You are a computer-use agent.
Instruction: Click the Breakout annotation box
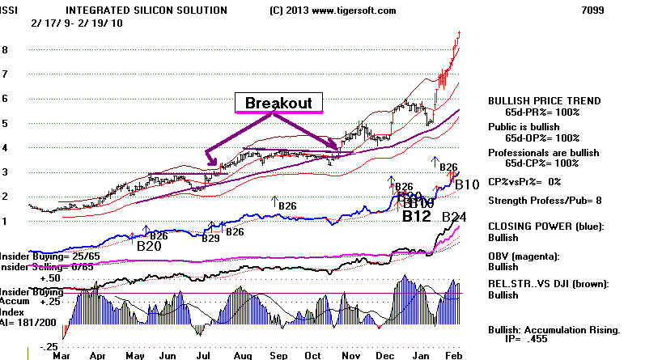coord(278,103)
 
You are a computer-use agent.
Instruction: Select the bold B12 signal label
coord(417,216)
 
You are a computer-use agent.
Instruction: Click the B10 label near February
coord(465,184)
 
